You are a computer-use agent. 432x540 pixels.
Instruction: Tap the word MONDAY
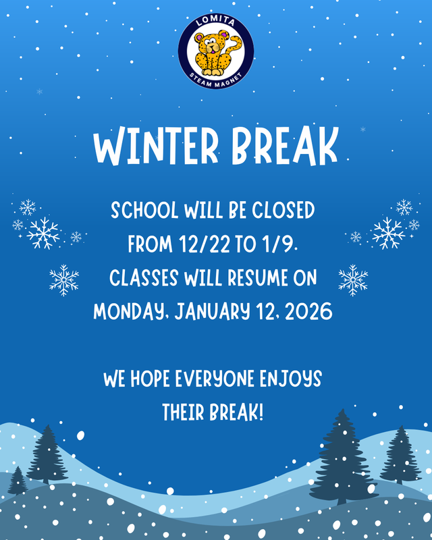tap(130, 310)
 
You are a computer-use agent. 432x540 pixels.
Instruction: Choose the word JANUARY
tap(210, 310)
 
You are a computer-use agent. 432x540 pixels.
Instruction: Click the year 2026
tap(308, 310)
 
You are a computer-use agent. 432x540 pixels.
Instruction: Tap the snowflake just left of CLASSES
tap(64, 279)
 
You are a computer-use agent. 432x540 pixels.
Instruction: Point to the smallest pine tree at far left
tap(18, 481)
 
